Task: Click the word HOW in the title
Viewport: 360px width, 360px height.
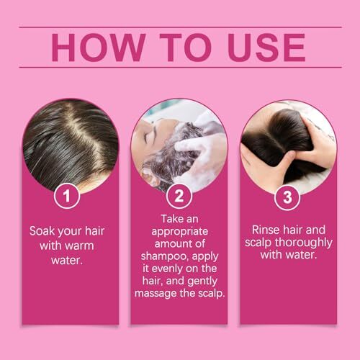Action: (99, 48)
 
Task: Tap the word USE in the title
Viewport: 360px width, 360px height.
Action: (266, 48)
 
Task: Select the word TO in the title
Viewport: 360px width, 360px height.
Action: (186, 48)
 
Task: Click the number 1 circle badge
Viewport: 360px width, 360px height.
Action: (67, 196)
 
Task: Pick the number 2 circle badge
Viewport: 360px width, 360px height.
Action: (179, 196)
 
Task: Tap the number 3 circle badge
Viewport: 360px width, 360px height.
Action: (287, 197)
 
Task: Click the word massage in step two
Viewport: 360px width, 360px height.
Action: (156, 294)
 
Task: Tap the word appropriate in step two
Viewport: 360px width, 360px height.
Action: (180, 232)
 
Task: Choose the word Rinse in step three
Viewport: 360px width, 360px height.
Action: (266, 230)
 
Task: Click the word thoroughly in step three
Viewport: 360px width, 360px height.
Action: (304, 243)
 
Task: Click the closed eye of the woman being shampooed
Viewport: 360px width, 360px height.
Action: (145, 138)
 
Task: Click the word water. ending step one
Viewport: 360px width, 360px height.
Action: (67, 261)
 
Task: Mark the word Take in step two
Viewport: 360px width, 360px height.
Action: (170, 219)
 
